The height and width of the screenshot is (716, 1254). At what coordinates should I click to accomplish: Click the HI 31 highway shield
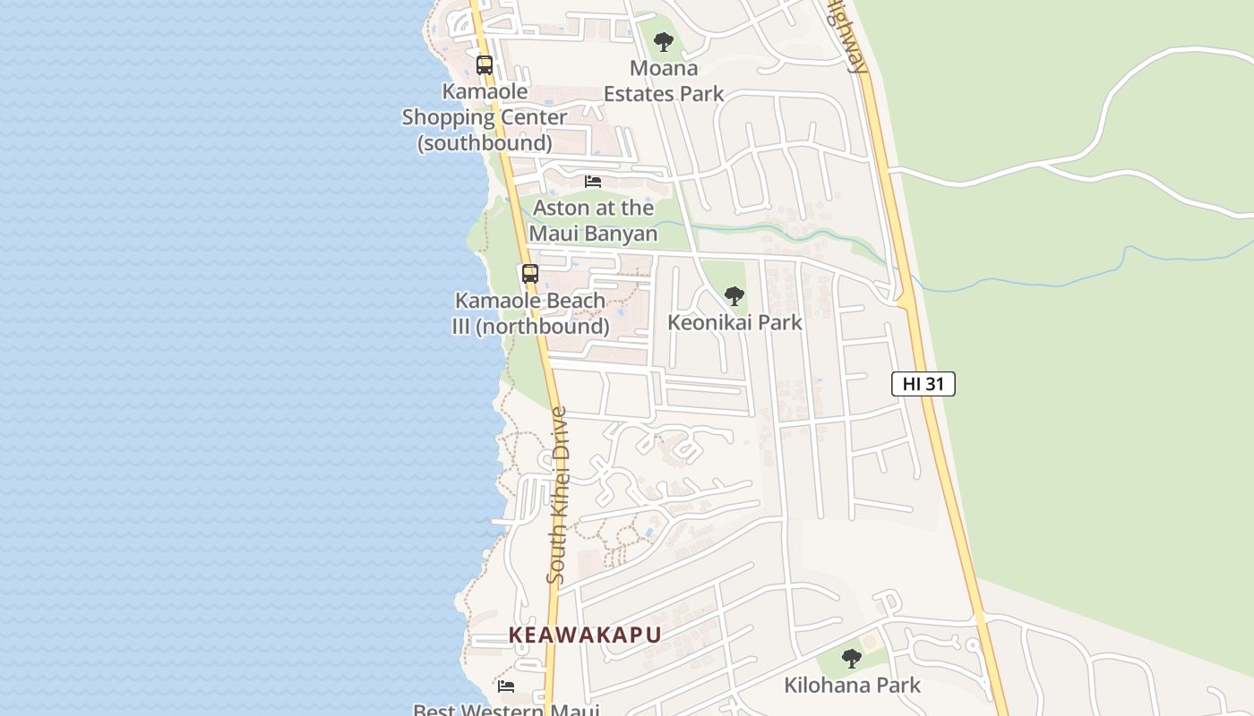coord(923,384)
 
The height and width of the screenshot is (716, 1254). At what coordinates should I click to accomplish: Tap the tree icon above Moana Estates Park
coord(663,41)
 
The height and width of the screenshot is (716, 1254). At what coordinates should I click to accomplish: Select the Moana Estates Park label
coord(664,81)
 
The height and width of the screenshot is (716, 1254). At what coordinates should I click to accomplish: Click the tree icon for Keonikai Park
coord(734,295)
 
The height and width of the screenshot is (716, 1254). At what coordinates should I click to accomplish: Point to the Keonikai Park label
coord(734,322)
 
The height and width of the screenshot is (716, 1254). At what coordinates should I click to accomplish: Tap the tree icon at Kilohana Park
coord(852,659)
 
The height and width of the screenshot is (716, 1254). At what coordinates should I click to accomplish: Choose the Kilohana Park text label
coord(852,686)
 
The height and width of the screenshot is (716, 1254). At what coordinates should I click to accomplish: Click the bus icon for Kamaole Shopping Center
coord(485,65)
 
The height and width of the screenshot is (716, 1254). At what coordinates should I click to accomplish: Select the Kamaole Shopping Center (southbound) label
coord(485,117)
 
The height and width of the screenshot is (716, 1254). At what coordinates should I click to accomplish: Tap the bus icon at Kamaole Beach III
coord(530,274)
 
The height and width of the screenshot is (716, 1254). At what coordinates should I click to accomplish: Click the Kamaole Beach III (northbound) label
coord(530,313)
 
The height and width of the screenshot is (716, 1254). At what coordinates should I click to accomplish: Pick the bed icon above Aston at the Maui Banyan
coord(593,182)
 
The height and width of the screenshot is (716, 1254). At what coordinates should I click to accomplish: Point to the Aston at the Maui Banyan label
coord(593,220)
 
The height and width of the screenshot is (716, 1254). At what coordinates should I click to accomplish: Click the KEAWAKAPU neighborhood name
coord(585,635)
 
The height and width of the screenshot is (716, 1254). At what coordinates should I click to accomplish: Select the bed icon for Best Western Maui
coord(506,686)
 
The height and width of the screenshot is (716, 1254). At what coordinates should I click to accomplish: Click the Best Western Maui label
coord(505,710)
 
